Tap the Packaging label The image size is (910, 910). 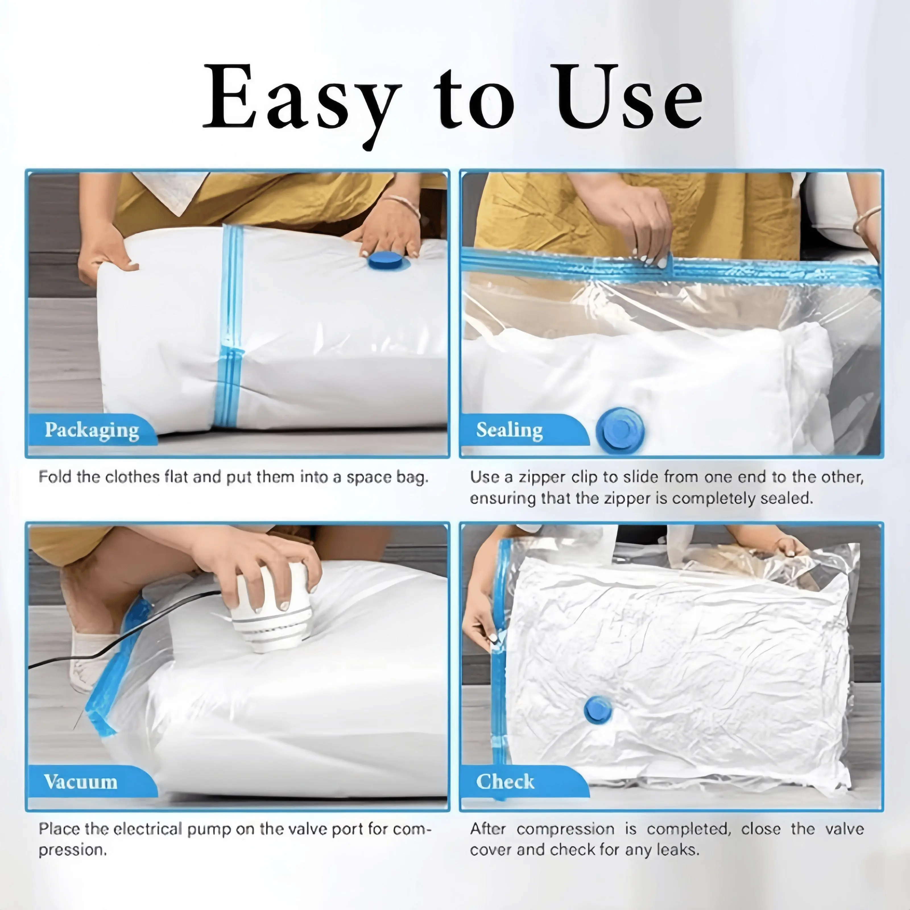[92, 430]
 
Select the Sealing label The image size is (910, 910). [509, 430]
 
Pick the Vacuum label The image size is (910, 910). [80, 782]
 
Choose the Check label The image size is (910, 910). [505, 782]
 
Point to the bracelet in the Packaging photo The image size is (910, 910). [403, 206]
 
